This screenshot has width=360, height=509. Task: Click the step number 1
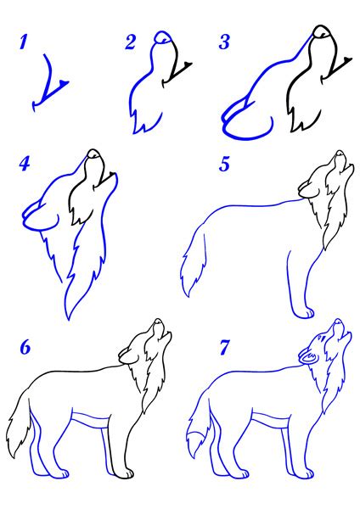click(x=23, y=42)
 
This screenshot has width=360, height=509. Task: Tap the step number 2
click(x=131, y=42)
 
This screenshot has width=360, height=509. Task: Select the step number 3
click(x=224, y=42)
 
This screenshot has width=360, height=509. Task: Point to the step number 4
click(x=25, y=164)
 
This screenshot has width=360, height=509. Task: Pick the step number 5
click(x=224, y=164)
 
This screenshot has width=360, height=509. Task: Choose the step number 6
click(x=25, y=347)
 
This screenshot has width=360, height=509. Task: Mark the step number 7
click(x=224, y=347)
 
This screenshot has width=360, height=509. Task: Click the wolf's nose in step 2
click(x=162, y=36)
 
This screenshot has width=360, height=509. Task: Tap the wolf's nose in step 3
click(x=322, y=31)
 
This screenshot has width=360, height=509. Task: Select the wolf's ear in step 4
click(x=41, y=215)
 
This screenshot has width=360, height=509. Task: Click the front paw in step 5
click(x=305, y=313)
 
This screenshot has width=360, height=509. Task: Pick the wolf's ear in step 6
click(x=129, y=356)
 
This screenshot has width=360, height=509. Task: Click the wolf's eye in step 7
click(x=323, y=338)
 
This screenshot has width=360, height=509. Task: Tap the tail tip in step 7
click(x=195, y=443)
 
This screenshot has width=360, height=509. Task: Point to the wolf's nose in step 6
click(x=158, y=322)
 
